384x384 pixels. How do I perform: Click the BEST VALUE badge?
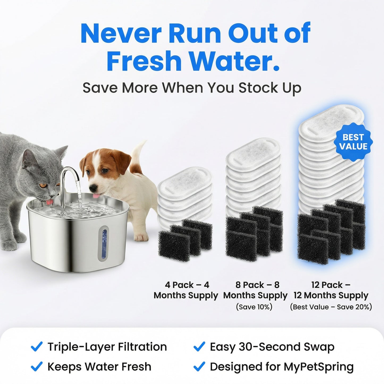tap(353, 142)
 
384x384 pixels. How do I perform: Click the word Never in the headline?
tap(121, 34)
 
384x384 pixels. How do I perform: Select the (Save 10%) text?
tap(254, 307)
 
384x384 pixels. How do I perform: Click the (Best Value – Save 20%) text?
tap(331, 307)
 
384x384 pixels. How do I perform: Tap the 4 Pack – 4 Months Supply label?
tap(186, 290)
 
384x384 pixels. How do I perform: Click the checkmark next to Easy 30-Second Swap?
tap(199, 347)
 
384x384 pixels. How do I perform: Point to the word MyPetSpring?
tap(319, 367)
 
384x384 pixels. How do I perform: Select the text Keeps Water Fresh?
tap(99, 367)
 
